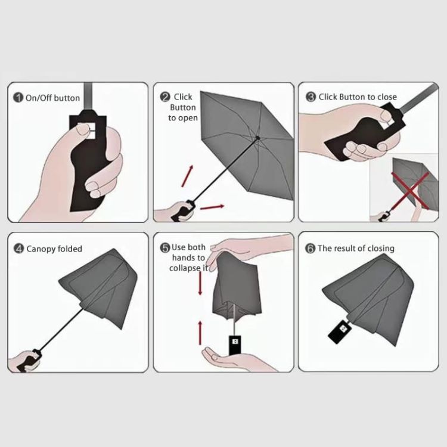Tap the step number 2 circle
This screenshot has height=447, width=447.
165,97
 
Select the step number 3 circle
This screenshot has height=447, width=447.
311,97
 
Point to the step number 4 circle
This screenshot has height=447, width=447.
19,249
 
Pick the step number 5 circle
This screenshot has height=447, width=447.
165,247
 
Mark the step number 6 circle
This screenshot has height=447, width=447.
311,249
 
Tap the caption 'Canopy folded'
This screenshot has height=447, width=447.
54,249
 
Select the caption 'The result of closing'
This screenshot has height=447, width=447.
356,249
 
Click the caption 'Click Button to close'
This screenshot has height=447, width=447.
358,97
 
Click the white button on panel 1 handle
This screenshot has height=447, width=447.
85,128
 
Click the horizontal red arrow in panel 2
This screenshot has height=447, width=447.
212,207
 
